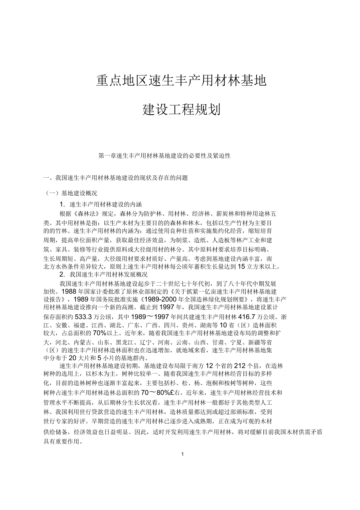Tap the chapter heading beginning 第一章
tap(165, 156)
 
